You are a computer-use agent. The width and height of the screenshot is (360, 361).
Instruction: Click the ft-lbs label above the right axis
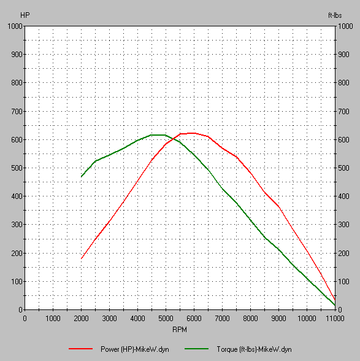tap(335, 14)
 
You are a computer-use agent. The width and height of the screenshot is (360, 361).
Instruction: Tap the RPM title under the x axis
tap(180, 330)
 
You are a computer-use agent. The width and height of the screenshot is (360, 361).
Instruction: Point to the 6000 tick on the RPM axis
tap(194, 318)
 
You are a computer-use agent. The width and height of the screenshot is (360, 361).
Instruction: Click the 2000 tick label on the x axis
tap(81, 318)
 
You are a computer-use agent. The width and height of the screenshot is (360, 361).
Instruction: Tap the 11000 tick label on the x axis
tap(335, 318)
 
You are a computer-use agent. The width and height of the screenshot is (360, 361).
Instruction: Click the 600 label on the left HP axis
tap(17, 139)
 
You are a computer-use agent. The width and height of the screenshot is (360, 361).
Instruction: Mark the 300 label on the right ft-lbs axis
tap(345, 225)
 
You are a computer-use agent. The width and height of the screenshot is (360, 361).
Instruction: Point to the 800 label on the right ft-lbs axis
tap(345, 83)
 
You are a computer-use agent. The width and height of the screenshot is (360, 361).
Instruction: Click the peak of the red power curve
tap(193, 133)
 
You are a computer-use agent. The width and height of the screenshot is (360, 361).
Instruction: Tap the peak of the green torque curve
tap(158, 134)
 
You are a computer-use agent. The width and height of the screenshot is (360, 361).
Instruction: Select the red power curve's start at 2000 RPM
tap(82, 258)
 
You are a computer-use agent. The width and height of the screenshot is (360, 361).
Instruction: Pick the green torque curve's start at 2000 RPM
tap(82, 177)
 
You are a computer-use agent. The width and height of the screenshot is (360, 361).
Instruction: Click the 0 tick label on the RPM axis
tap(25, 318)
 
